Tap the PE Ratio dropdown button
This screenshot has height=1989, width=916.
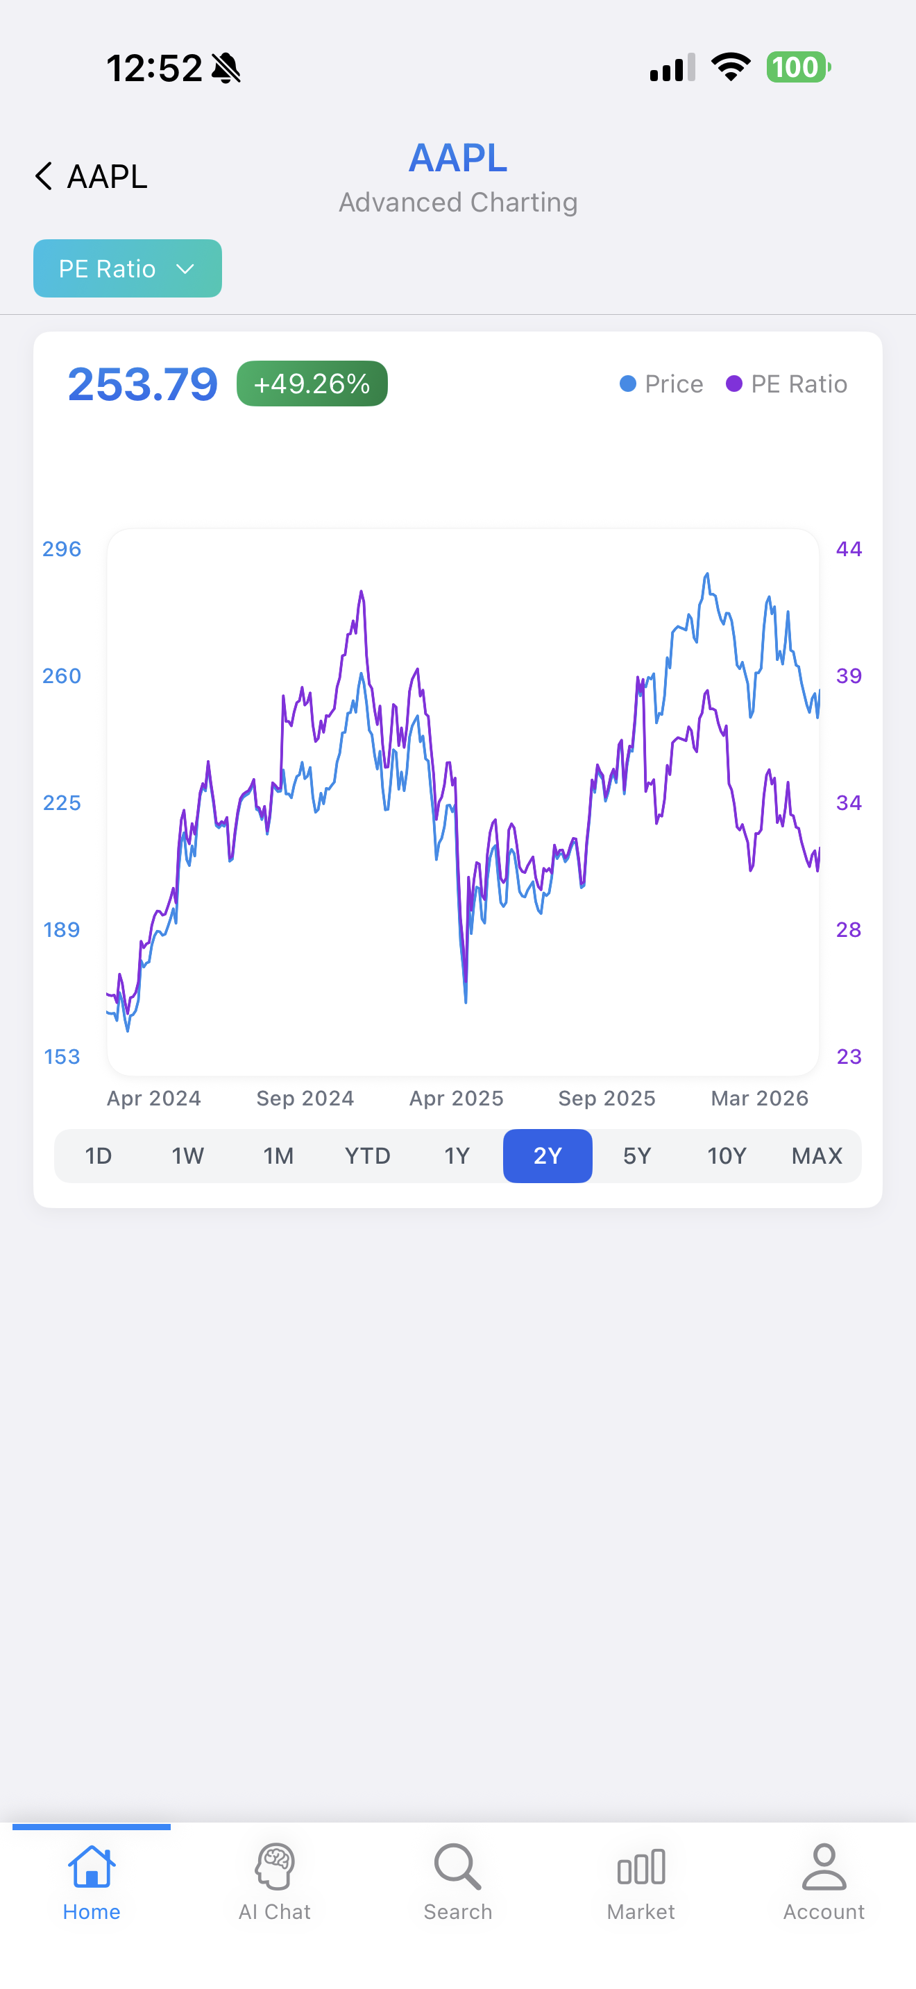(128, 268)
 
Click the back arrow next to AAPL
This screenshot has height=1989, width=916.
(44, 176)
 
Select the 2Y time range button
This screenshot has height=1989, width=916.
(548, 1156)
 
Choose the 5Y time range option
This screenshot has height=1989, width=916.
(637, 1156)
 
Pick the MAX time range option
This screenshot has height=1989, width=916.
(816, 1156)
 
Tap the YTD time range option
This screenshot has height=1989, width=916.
(368, 1156)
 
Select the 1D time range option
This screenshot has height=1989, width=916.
(99, 1156)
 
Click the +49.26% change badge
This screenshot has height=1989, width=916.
(312, 384)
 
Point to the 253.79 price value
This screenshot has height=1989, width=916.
(143, 384)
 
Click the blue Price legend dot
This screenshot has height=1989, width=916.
(628, 384)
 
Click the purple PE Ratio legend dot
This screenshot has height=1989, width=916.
(733, 384)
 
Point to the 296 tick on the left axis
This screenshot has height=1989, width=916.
(62, 549)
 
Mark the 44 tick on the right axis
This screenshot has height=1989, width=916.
(849, 549)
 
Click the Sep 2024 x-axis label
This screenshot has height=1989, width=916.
(305, 1098)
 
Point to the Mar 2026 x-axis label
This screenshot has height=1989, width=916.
(760, 1098)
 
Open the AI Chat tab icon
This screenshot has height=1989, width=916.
(275, 1866)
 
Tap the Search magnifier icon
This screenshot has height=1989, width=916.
(458, 1866)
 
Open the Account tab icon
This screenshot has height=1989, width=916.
(824, 1866)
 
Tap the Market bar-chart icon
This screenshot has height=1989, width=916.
(641, 1867)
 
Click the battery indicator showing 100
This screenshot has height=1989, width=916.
(799, 67)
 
